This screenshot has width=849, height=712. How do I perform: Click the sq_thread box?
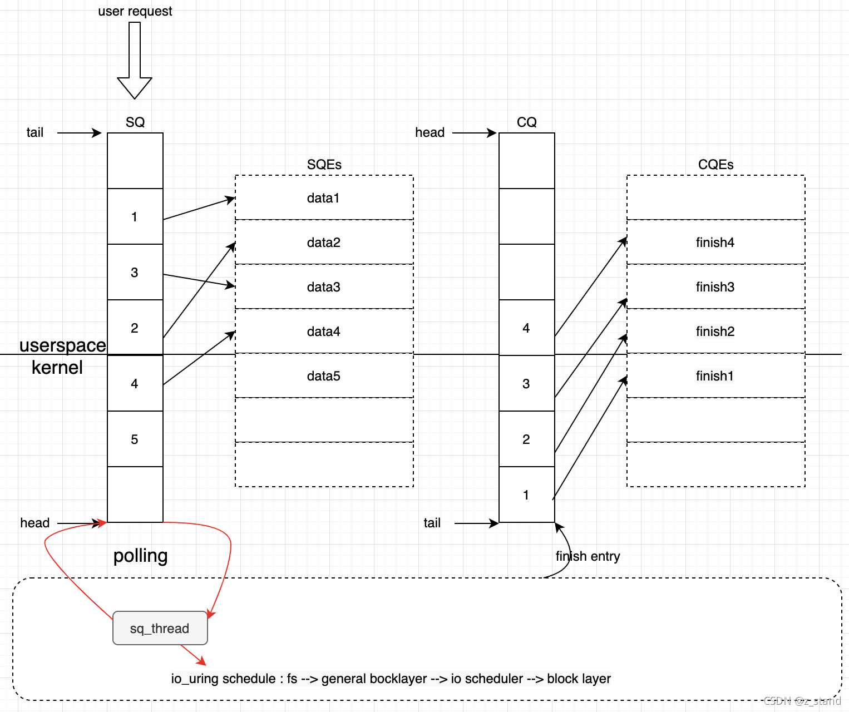pos(160,628)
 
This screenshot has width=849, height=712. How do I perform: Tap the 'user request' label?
pos(135,11)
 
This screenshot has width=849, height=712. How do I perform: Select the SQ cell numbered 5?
pos(135,439)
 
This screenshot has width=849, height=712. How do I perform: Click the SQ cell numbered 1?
pos(135,216)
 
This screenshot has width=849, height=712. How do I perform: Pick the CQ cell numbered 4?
pos(526,328)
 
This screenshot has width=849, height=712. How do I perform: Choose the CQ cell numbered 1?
pos(526,495)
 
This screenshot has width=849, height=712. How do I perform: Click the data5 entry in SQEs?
pos(324,375)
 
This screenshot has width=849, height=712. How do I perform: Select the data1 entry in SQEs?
pos(324,197)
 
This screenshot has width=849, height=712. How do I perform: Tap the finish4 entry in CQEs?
pos(715,242)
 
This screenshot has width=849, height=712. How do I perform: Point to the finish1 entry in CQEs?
pos(715,375)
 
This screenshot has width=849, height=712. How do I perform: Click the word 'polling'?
pos(140,555)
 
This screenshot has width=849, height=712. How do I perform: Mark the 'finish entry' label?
pos(588,556)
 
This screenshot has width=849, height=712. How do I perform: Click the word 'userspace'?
pos(62,345)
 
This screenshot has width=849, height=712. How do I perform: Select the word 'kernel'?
pos(57,367)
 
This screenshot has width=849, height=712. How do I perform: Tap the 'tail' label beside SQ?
pos(34,132)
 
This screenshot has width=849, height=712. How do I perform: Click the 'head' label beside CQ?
pos(430,132)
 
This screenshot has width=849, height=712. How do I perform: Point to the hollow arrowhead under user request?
pos(135,87)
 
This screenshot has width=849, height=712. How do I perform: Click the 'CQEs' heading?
pos(715,164)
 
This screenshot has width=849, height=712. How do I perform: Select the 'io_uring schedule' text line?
pos(391,678)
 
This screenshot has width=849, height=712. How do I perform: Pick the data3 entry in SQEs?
pos(324,286)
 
